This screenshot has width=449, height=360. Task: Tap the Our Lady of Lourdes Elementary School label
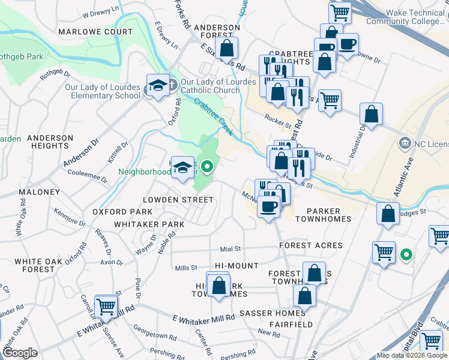click(103, 91)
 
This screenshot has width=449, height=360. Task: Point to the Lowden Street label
click(178, 199)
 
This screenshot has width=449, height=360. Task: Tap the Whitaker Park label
click(147, 224)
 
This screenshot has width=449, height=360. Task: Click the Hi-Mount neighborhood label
click(237, 265)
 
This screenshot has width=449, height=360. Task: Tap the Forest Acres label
click(311, 245)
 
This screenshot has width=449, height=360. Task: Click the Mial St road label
click(230, 248)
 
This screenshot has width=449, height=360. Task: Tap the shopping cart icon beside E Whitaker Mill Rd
click(106, 306)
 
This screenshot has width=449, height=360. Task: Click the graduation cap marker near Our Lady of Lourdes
click(158, 86)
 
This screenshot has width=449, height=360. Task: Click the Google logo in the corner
click(20, 353)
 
